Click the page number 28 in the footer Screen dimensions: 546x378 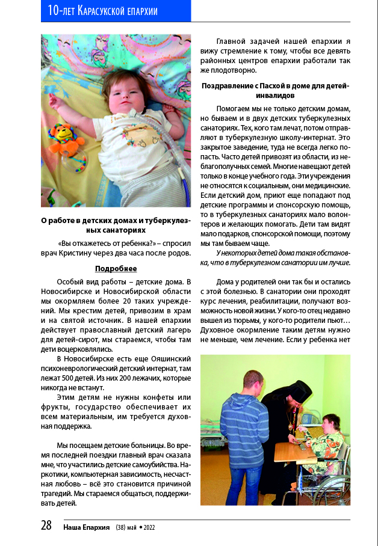46,526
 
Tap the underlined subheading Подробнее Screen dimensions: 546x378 116,268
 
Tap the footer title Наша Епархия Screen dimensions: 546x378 86,527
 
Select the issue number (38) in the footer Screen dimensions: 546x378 123,527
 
